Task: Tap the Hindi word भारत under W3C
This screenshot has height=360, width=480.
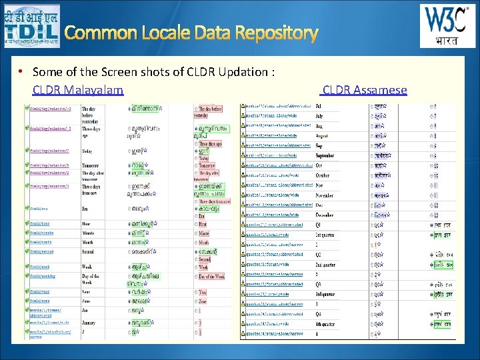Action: click(438, 40)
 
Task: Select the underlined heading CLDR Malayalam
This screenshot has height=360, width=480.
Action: click(78, 89)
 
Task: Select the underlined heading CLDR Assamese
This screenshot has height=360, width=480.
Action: click(364, 89)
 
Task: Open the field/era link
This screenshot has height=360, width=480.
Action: click(37, 208)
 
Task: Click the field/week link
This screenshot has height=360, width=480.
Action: click(38, 266)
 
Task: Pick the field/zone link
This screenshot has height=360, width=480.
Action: click(38, 301)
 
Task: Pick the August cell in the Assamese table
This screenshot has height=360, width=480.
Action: click(323, 135)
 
